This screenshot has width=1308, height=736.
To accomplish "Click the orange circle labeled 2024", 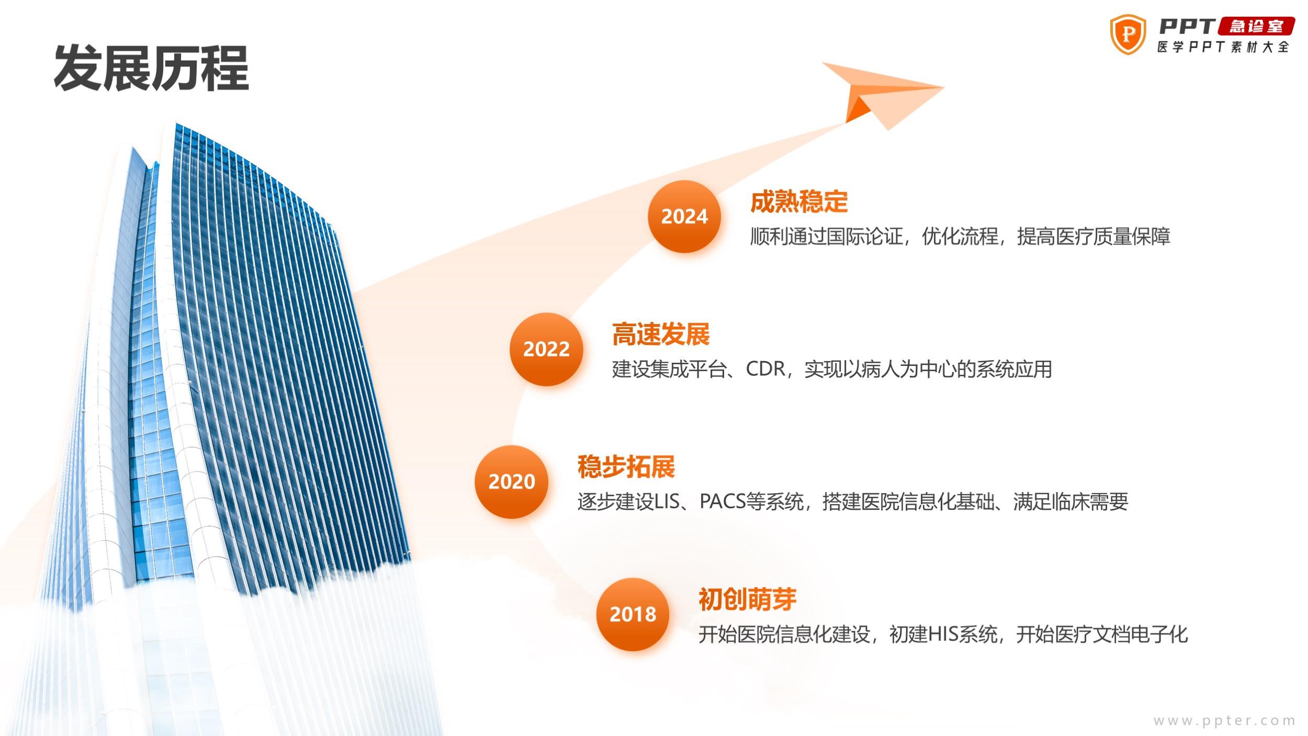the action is [x=684, y=217].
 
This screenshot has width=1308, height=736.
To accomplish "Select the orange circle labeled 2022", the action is [x=546, y=349].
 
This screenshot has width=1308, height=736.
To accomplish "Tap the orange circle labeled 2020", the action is [x=512, y=482].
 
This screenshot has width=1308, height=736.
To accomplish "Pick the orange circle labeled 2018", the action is [x=633, y=614].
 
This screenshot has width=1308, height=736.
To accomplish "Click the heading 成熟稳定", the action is [x=799, y=202].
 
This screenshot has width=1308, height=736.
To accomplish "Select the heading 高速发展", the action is [x=661, y=334].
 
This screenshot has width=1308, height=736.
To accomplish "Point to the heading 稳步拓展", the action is [x=626, y=467].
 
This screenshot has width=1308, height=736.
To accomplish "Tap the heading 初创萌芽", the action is [x=748, y=599].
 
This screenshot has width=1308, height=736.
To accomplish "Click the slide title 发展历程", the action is [x=151, y=68].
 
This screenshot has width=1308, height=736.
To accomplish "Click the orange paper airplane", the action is [x=883, y=94].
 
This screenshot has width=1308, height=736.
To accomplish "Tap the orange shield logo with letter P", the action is [x=1128, y=35].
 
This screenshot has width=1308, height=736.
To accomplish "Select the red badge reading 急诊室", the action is [x=1256, y=26].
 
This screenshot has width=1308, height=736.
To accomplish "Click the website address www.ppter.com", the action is [x=1224, y=721].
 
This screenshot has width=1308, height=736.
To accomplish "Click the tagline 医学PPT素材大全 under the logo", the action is [x=1223, y=47].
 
